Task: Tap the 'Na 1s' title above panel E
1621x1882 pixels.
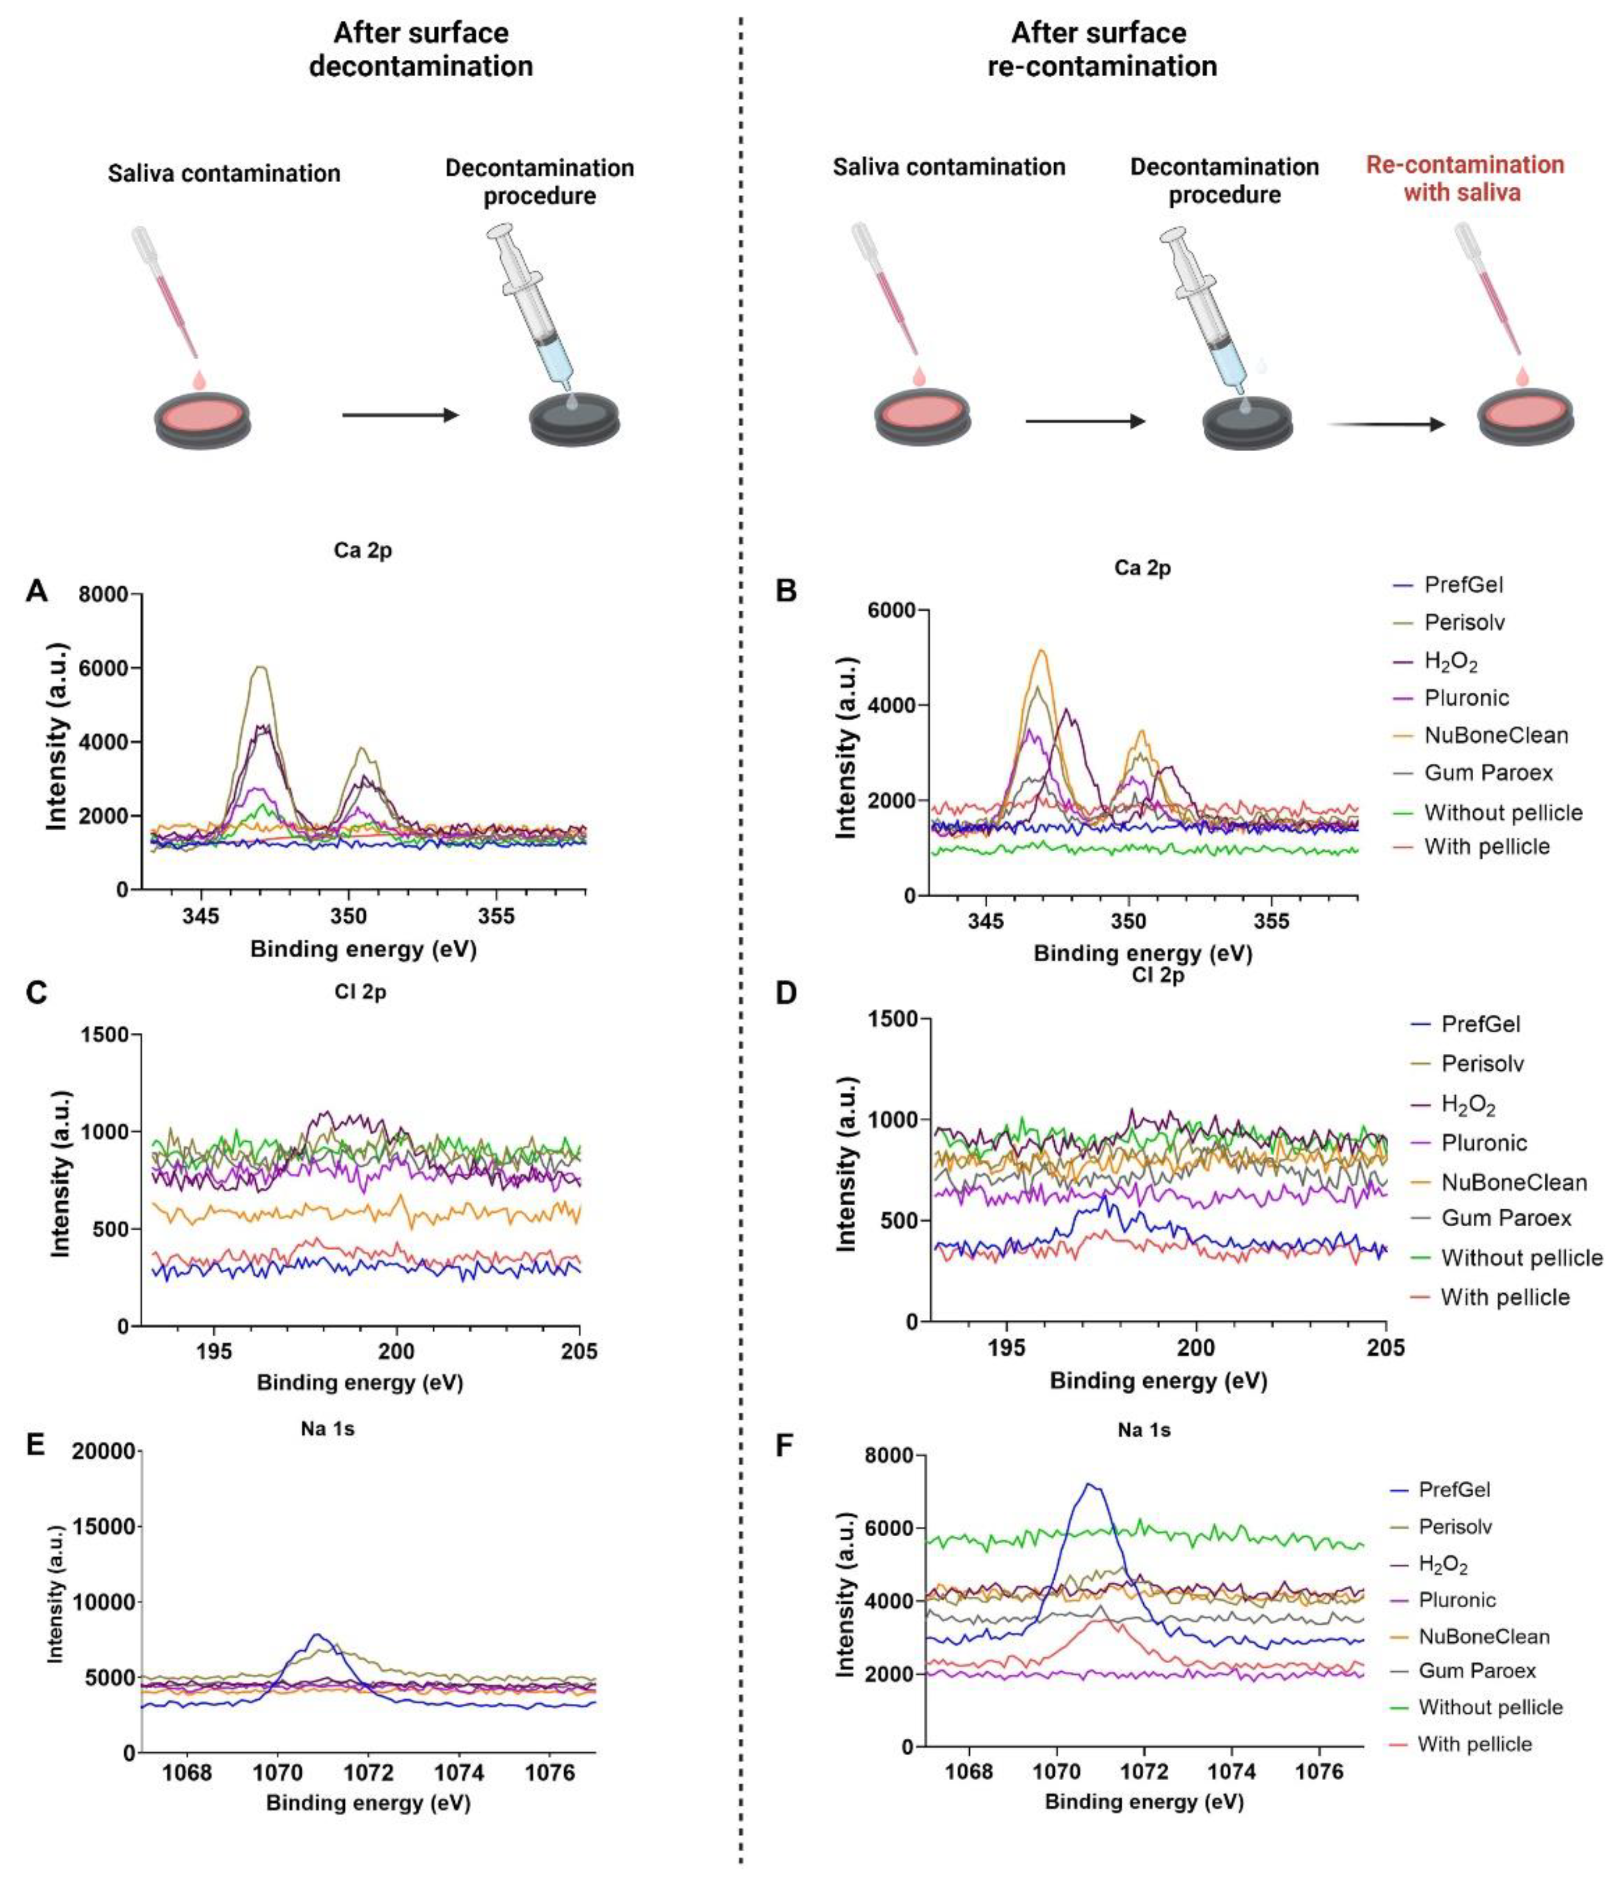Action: [327, 1429]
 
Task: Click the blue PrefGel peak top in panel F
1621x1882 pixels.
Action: [1090, 1485]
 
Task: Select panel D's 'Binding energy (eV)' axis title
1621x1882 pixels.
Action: [1158, 1381]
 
